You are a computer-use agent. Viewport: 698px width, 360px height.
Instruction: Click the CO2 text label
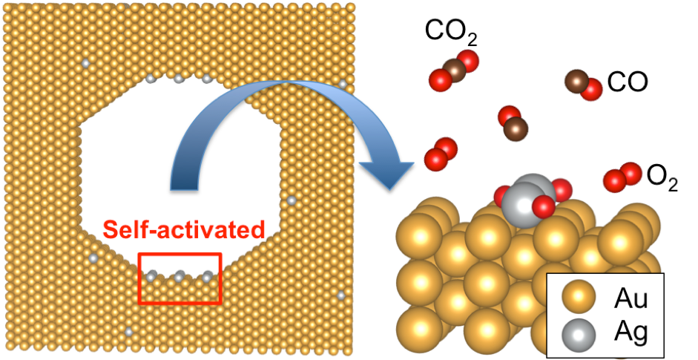448,31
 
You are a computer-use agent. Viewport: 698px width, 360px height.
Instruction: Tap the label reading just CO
627,82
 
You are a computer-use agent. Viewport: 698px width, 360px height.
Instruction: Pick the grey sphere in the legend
579,334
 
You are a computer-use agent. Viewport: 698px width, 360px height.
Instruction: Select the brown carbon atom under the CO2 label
455,71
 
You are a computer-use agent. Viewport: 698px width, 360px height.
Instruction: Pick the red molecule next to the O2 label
622,177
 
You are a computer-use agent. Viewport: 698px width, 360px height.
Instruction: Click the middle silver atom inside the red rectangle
180,276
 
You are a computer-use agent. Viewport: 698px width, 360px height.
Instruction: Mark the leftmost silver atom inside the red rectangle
151,276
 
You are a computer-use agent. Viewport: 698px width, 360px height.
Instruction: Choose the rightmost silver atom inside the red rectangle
208,276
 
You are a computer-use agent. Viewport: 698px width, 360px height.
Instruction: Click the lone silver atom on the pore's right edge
292,200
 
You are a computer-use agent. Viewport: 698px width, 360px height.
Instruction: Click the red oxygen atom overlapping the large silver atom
543,206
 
